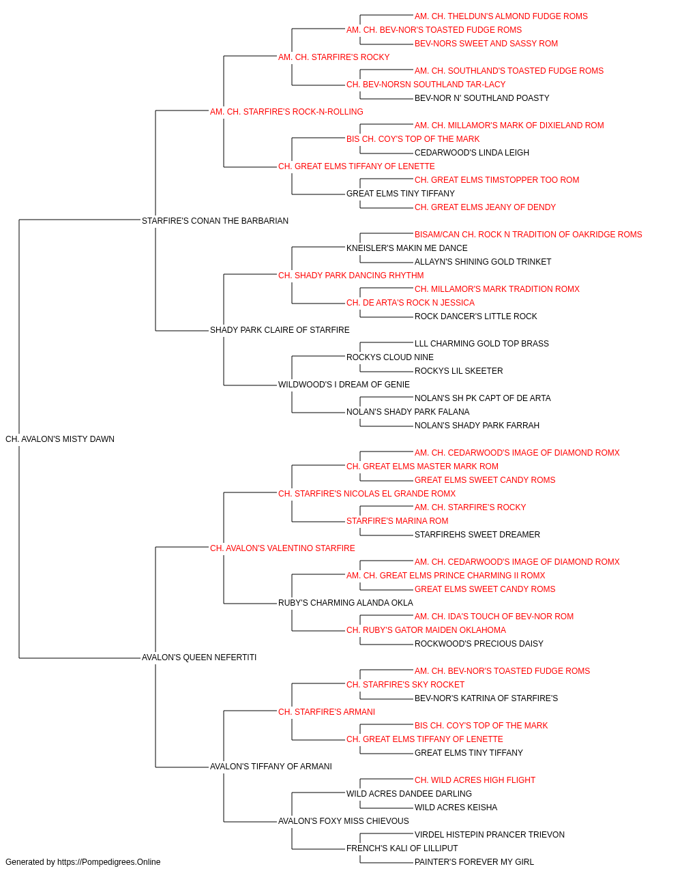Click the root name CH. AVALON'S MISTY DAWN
click(60, 439)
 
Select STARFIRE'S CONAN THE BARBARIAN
click(215, 221)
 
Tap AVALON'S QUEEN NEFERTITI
click(199, 657)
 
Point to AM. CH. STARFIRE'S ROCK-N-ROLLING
click(286, 112)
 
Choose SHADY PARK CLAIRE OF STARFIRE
click(280, 330)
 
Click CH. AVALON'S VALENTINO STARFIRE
click(282, 548)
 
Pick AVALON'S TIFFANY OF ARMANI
click(271, 767)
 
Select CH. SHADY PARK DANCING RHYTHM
click(351, 276)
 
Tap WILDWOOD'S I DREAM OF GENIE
click(344, 385)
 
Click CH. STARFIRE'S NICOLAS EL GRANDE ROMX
click(367, 494)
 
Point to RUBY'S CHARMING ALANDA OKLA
click(345, 603)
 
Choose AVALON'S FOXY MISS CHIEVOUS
click(344, 821)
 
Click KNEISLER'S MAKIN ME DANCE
click(407, 248)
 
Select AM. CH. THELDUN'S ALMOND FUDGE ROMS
click(501, 16)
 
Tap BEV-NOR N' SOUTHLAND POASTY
click(482, 98)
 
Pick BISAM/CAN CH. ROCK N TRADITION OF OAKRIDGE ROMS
click(528, 235)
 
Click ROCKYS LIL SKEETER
click(459, 371)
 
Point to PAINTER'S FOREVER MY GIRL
click(475, 862)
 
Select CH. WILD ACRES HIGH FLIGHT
click(475, 780)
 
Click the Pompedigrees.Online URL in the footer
click(108, 862)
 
